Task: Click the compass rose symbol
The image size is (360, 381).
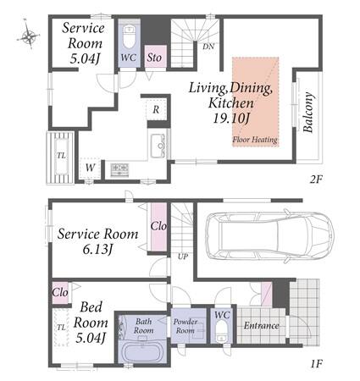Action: (28, 35)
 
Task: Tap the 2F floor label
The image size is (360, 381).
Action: (316, 179)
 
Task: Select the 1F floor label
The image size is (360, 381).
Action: (316, 364)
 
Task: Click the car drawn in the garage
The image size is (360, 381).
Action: (269, 235)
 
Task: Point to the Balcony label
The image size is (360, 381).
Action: (308, 113)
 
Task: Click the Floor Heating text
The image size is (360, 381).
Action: (255, 140)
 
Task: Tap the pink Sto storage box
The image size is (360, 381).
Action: (155, 57)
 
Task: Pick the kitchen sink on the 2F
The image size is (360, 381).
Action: (158, 146)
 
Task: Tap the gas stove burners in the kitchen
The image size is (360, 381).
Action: (119, 170)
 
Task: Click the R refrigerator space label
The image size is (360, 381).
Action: (156, 109)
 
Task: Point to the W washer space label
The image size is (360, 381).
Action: (90, 168)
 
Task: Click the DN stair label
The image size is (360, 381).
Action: (208, 47)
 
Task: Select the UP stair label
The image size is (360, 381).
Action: (183, 257)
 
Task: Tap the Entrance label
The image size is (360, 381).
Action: (261, 326)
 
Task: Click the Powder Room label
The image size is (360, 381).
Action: (186, 326)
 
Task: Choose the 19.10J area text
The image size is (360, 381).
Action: (231, 119)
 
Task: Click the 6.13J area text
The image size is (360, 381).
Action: (97, 249)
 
